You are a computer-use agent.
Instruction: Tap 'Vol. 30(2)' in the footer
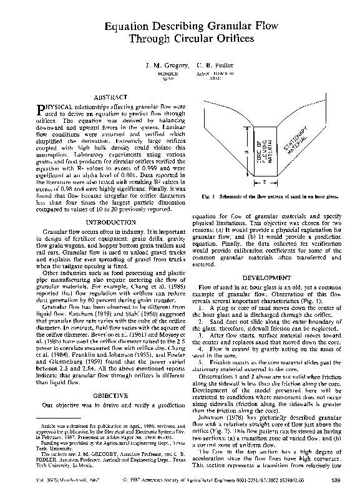point(47,480)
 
